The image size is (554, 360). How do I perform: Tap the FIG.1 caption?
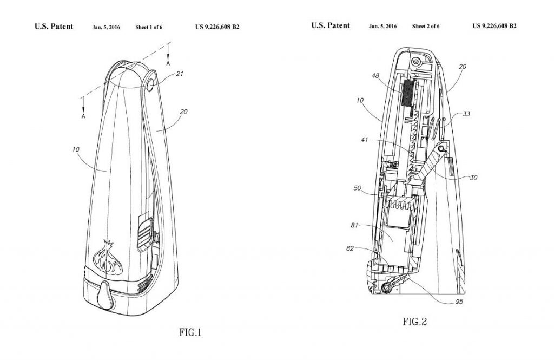tap(190, 332)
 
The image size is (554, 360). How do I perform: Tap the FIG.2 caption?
tap(415, 322)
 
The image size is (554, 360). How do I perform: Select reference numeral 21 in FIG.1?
tap(180, 74)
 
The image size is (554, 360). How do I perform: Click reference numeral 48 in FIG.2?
tap(375, 76)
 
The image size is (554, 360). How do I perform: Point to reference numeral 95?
tap(459, 302)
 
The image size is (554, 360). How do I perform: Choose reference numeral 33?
tap(466, 114)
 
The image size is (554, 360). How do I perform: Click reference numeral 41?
tap(364, 140)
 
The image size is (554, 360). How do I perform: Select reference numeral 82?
tap(350, 248)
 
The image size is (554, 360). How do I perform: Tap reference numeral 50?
tap(358, 188)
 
